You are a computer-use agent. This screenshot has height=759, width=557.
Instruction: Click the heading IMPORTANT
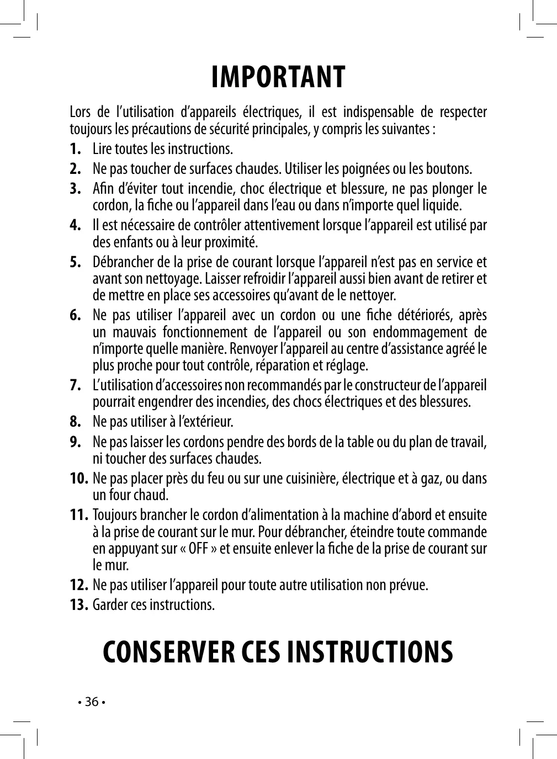coord(278,77)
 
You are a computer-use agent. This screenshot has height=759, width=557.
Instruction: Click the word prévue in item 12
coord(409,585)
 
